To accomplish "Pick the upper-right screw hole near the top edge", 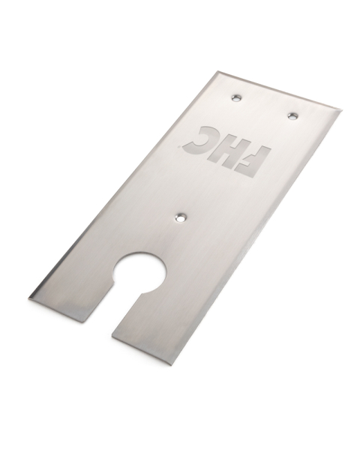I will pyautogui.click(x=292, y=115).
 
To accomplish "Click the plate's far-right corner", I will pyautogui.click(x=341, y=111).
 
